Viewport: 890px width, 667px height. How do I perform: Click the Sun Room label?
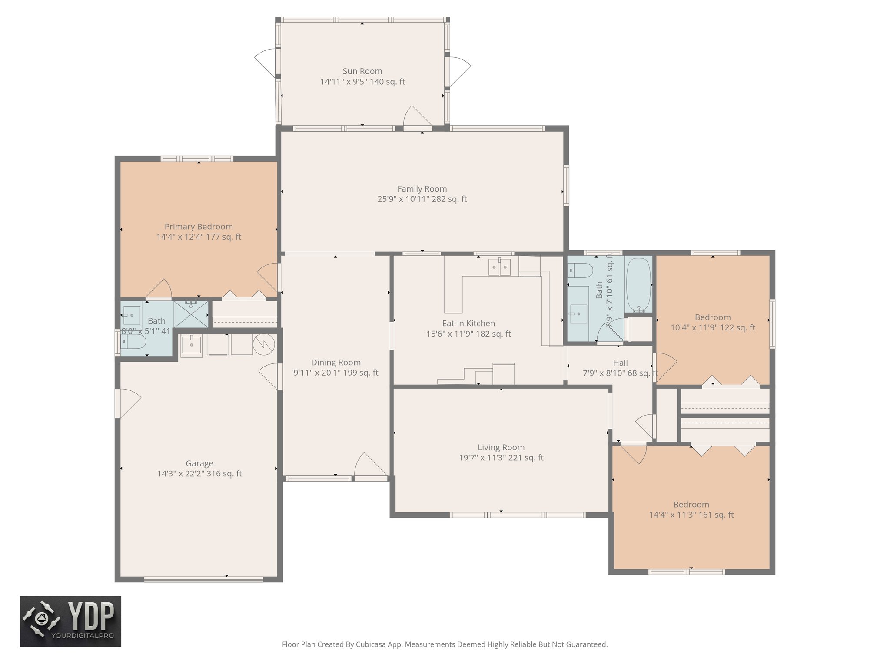(x=362, y=71)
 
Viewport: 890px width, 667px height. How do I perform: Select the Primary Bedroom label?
(x=199, y=227)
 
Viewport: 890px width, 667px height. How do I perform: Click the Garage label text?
(x=199, y=463)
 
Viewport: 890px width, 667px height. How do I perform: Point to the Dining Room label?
(x=335, y=363)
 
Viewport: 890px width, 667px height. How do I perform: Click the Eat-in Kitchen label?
(x=468, y=324)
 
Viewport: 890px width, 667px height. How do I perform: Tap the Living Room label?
(x=501, y=447)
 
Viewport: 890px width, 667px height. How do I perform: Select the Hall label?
(x=620, y=363)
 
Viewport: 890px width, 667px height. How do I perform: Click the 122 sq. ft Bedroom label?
(x=712, y=317)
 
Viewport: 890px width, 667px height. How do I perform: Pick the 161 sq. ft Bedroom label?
(x=691, y=505)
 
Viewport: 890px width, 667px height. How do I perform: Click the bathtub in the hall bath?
(x=638, y=284)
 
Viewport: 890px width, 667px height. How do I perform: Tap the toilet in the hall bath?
(x=580, y=271)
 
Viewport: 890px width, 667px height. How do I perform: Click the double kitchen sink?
(x=499, y=267)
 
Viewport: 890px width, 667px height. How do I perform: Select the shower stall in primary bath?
(x=191, y=314)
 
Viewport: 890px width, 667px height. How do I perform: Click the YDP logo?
(x=70, y=621)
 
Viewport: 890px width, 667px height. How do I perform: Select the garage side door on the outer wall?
(x=127, y=403)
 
